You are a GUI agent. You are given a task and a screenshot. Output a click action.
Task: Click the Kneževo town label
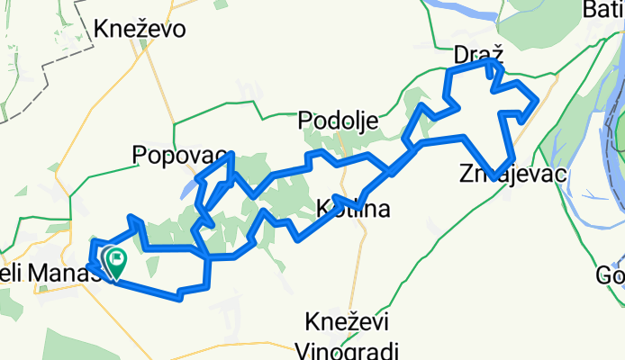pyautogui.click(x=140, y=29)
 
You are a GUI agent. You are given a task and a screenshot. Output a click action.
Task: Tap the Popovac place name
pyautogui.click(x=178, y=155)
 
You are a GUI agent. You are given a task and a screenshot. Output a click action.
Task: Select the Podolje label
pyautogui.click(x=339, y=120)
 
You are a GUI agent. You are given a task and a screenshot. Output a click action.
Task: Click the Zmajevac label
pyautogui.click(x=512, y=174)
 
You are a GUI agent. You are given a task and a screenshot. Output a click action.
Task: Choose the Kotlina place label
pyautogui.click(x=354, y=211)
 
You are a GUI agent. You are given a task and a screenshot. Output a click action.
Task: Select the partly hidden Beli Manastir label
pyautogui.click(x=45, y=270)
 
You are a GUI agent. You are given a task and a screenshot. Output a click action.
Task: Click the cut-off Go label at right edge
pyautogui.click(x=612, y=275)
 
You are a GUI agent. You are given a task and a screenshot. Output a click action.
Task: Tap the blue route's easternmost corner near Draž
pyautogui.click(x=538, y=99)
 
